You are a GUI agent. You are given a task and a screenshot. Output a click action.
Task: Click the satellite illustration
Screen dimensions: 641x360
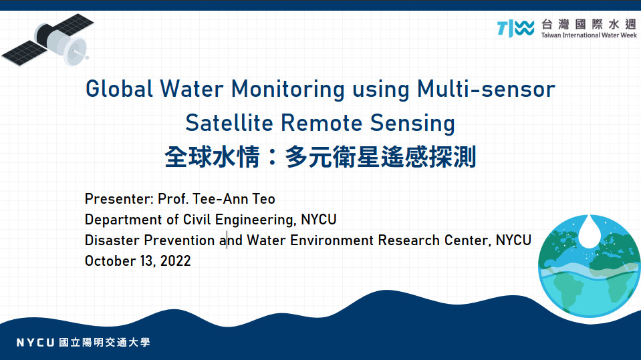point(48,39)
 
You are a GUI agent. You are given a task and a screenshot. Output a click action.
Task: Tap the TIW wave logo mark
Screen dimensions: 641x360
point(515,28)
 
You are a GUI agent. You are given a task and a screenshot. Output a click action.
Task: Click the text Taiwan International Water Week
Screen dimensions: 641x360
point(589,35)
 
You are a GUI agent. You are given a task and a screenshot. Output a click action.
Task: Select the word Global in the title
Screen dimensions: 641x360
point(119,89)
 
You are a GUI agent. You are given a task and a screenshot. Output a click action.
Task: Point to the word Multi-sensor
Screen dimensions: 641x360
point(486,89)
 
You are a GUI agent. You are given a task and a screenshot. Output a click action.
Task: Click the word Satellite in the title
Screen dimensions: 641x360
point(229,123)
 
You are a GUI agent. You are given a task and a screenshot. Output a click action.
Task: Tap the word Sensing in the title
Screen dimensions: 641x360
point(412,124)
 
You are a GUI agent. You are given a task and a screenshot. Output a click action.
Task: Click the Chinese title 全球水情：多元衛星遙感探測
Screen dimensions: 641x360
point(320,157)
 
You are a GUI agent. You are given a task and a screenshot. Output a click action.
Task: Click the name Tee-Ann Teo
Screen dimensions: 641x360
point(233,199)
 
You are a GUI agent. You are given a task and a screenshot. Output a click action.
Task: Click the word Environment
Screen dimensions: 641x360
point(332,240)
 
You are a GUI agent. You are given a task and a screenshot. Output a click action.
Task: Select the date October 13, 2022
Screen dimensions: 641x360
point(138,261)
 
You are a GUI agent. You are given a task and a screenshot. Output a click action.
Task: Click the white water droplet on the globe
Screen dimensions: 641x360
point(589,232)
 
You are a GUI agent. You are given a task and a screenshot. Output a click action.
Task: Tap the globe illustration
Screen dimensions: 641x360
point(589,266)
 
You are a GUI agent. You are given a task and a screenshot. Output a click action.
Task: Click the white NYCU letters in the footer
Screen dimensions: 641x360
point(35,343)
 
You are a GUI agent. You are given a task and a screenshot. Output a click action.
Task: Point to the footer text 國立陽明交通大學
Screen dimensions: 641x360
point(105,343)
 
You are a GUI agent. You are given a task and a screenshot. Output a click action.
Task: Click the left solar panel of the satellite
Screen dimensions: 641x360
point(25,53)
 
